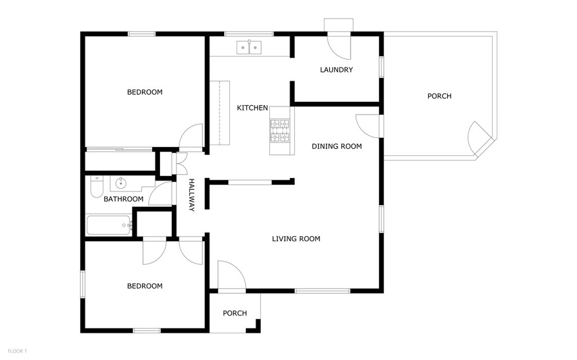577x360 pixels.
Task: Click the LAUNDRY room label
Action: pos(336,69)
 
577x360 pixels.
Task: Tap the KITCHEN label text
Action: pos(252,108)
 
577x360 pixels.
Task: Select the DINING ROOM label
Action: pos(337,146)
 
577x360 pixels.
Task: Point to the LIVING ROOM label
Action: pos(296,238)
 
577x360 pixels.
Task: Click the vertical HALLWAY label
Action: pos(192,195)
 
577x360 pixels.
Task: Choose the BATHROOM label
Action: pos(123,199)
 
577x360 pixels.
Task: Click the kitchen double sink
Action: pos(249,47)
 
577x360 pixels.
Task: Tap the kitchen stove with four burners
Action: pos(280,131)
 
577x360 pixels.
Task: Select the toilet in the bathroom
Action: pos(97,186)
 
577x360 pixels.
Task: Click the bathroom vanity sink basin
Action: pos(121,183)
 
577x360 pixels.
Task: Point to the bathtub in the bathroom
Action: pos(109,225)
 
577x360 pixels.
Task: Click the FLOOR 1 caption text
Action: pos(17,351)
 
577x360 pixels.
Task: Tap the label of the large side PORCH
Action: pos(440,96)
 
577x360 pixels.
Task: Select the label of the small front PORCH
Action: pos(235,313)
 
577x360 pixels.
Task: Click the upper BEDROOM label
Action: pos(145,92)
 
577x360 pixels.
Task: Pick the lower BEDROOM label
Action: pos(145,286)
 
